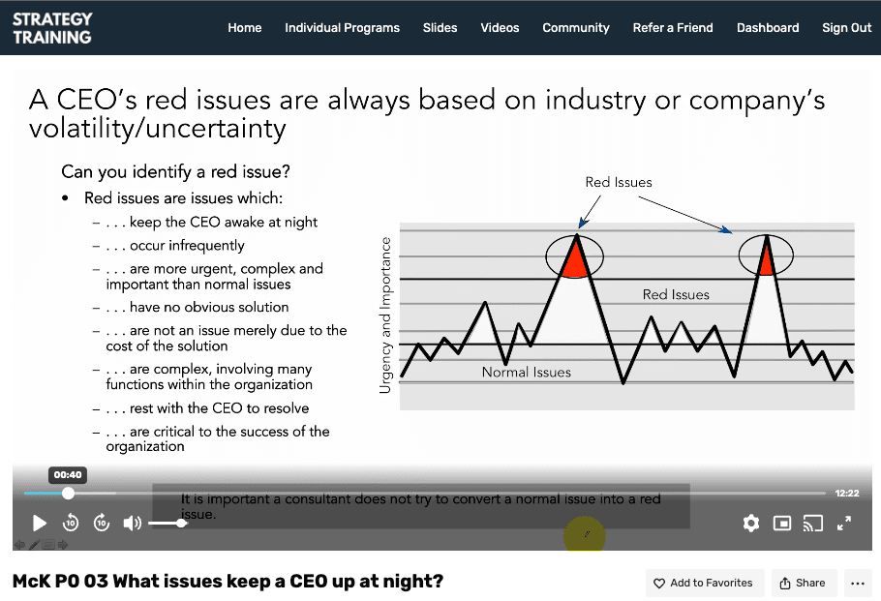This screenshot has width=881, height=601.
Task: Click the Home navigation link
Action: click(x=244, y=28)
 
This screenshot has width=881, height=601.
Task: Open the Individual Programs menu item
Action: click(x=342, y=28)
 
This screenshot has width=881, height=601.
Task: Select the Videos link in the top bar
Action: click(x=500, y=28)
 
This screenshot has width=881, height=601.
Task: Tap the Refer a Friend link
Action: click(x=673, y=28)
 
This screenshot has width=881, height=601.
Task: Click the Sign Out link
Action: click(x=846, y=28)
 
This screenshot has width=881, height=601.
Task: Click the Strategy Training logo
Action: click(x=52, y=28)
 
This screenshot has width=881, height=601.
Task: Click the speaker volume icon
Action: click(x=133, y=524)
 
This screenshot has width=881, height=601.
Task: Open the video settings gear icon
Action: click(x=750, y=524)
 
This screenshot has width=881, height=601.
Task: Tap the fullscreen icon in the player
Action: click(x=843, y=524)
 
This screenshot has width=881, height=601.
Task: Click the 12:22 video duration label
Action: click(x=846, y=494)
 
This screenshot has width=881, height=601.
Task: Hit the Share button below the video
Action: click(x=802, y=583)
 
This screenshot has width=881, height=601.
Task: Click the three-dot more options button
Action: click(x=857, y=583)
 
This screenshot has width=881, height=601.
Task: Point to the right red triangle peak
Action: click(x=766, y=258)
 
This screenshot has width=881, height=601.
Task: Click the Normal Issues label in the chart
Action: click(x=527, y=372)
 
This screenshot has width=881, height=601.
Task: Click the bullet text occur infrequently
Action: click(x=187, y=246)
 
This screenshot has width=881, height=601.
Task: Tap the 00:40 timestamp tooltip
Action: click(x=68, y=475)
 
